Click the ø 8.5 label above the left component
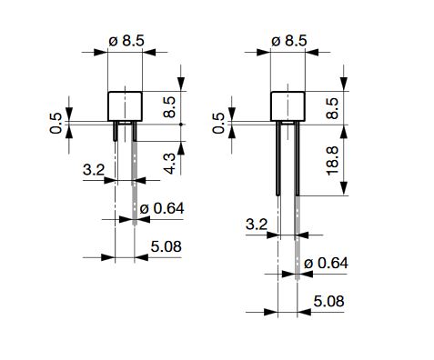click(x=126, y=41)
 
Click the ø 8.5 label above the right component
click(x=289, y=41)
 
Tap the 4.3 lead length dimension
click(x=170, y=164)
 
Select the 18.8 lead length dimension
click(x=333, y=161)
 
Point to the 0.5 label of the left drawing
click(x=56, y=124)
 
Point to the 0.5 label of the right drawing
click(x=218, y=124)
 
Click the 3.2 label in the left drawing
click(x=94, y=170)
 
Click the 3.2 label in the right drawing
click(x=257, y=225)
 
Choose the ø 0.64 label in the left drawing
click(x=162, y=208)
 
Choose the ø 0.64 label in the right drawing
click(x=326, y=263)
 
